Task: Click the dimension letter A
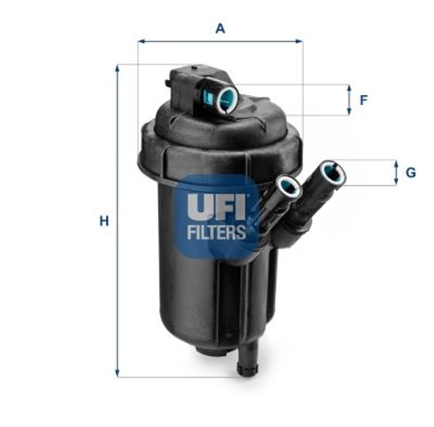coord(220,28)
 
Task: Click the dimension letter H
coord(104,221)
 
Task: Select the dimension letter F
coord(363,100)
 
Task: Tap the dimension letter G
coord(410,173)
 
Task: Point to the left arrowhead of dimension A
coord(142,41)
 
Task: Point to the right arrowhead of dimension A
coord(299,41)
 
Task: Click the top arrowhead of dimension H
coord(117,68)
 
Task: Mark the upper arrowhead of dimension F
coord(349,89)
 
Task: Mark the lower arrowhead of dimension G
coord(396,181)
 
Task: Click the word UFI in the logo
coord(216,206)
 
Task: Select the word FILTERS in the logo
coord(216,232)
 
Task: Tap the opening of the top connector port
coord(229,99)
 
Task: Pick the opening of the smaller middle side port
coord(290,187)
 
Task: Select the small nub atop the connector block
coord(195,66)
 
